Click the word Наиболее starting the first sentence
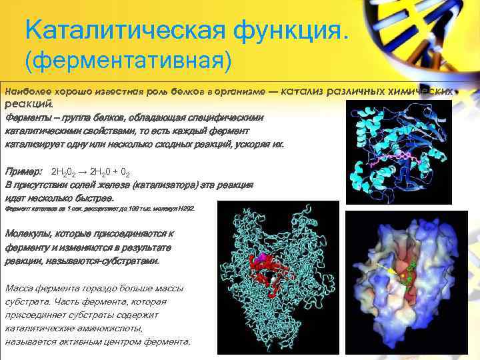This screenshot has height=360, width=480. (x=24, y=89)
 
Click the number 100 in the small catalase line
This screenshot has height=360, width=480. (x=127, y=209)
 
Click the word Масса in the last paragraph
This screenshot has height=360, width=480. (x=18, y=289)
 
